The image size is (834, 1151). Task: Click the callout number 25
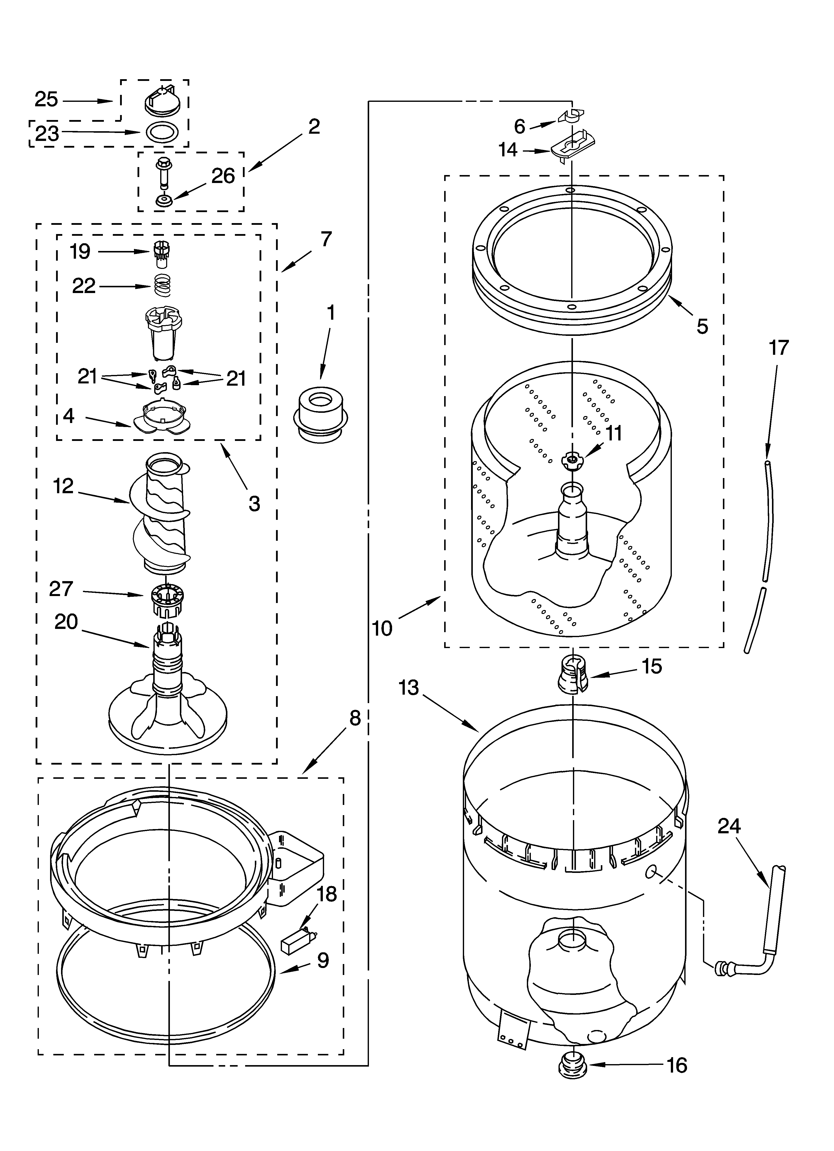pyautogui.click(x=46, y=100)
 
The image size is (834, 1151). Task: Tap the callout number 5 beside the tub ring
pyautogui.click(x=702, y=326)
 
